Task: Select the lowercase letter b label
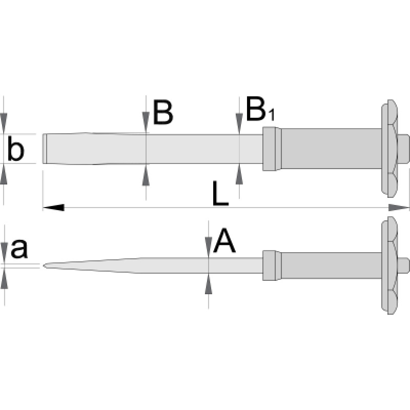point(15,150)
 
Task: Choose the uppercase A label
point(224,241)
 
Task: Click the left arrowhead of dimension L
point(53,208)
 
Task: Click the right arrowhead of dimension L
point(399,208)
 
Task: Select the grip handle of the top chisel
point(331,149)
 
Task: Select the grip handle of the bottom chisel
point(331,265)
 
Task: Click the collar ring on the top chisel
point(271,149)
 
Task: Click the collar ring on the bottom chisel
point(271,265)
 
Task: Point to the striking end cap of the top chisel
point(403,149)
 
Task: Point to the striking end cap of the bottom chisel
point(403,265)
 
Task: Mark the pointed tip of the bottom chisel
point(45,265)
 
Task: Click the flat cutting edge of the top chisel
point(44,149)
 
